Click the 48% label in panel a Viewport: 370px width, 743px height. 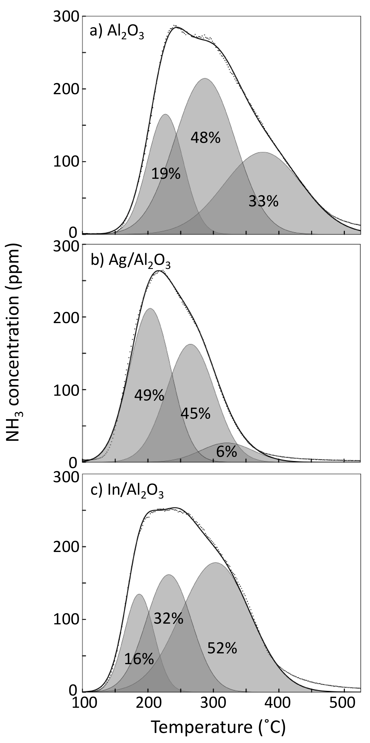[x=205, y=138]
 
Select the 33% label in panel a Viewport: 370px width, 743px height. [x=263, y=201]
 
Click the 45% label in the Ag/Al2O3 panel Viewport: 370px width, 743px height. [x=195, y=414]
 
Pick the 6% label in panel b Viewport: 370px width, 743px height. [x=226, y=452]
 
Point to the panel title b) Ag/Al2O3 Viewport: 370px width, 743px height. [x=130, y=261]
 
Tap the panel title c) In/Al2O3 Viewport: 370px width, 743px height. [x=127, y=491]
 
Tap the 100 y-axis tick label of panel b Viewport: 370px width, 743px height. [x=67, y=390]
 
